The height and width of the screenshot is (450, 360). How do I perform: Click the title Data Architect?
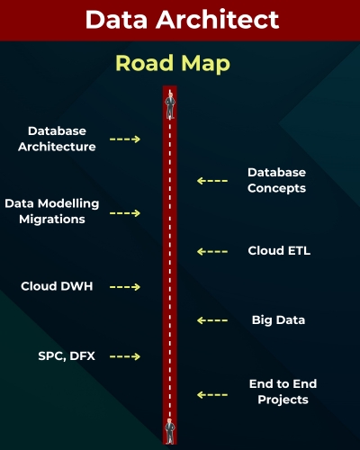click(x=180, y=20)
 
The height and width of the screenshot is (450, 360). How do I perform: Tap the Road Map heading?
click(x=173, y=64)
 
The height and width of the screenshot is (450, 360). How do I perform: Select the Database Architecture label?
click(x=61, y=139)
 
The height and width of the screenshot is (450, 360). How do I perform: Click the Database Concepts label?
click(x=277, y=180)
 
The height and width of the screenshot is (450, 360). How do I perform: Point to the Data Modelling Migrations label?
click(x=51, y=211)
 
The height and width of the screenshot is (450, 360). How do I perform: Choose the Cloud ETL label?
click(x=279, y=251)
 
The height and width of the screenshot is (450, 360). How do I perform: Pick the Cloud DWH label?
click(x=58, y=286)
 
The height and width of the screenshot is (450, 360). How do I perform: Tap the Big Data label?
click(x=278, y=319)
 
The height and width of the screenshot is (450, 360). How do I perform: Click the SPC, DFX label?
click(x=67, y=355)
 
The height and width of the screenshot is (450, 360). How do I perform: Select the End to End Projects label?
click(x=283, y=391)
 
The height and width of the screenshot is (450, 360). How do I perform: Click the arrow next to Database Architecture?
click(x=125, y=139)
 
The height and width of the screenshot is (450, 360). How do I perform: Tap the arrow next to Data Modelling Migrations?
click(x=125, y=213)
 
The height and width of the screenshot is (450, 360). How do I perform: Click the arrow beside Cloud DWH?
click(x=125, y=287)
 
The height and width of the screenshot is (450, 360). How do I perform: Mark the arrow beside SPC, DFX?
click(x=125, y=356)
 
